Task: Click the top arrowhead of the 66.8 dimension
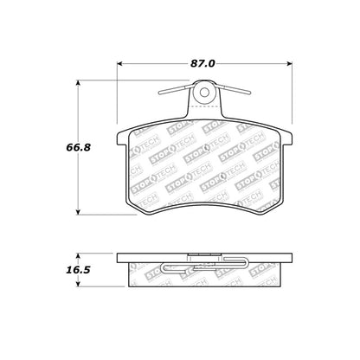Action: click(81, 84)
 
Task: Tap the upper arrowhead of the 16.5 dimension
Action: click(81, 254)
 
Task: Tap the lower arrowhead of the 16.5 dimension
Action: click(81, 284)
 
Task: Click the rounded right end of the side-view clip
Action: click(250, 265)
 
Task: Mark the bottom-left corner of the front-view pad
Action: click(130, 210)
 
